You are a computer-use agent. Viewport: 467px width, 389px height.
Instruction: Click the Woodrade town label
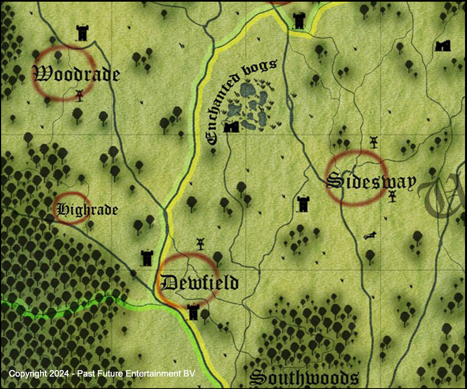click(x=77, y=73)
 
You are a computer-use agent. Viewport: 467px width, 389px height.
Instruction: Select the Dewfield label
click(x=199, y=282)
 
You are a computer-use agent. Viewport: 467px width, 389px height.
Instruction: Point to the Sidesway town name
click(x=371, y=181)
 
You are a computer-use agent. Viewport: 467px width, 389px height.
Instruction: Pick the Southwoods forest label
click(x=304, y=378)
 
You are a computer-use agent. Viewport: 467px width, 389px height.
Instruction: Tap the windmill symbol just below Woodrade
click(x=80, y=94)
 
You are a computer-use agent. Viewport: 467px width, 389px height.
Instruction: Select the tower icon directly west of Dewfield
click(x=147, y=258)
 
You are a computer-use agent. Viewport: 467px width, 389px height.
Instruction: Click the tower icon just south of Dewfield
click(x=193, y=311)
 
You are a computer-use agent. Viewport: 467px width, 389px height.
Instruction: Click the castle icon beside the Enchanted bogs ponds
click(x=231, y=127)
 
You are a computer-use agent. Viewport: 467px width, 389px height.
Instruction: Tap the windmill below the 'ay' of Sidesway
click(x=393, y=196)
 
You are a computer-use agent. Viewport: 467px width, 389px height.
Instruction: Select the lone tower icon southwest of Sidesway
click(x=303, y=204)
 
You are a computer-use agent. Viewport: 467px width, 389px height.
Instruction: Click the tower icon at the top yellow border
click(x=299, y=21)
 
